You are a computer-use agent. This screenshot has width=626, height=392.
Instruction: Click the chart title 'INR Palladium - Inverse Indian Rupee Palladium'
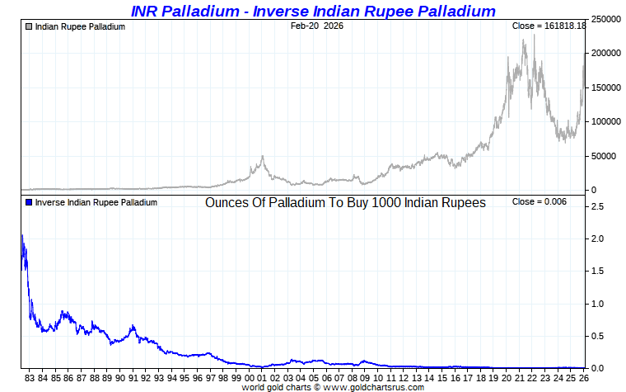pos(313,11)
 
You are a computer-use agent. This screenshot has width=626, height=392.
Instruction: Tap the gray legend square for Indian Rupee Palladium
pos(29,26)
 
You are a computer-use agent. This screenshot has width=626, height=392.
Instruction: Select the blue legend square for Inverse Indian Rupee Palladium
pos(29,202)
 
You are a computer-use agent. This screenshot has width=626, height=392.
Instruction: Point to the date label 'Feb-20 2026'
pos(317,26)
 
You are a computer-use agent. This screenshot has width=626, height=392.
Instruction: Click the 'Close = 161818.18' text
pos(549,26)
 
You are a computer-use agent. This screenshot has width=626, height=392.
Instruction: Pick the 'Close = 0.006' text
pos(539,202)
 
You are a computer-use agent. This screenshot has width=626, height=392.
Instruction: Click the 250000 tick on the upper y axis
pos(607,19)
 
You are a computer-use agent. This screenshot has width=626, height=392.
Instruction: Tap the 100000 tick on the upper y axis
pos(607,121)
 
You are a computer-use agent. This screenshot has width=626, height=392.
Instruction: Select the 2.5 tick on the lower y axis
pos(598,207)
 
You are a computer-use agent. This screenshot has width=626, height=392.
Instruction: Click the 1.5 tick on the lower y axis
pos(598,272)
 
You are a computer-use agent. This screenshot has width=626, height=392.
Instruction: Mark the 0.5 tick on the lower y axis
pos(598,336)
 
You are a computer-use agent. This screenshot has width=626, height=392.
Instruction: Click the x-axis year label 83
pos(30,378)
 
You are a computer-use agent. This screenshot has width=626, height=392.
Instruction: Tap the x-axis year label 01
pos(263,378)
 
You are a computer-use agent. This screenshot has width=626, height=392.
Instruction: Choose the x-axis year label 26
pos(584,378)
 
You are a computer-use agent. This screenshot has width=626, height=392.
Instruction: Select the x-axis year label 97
pos(211,378)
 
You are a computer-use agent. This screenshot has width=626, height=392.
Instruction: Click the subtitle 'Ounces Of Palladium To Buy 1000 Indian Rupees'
pos(345,202)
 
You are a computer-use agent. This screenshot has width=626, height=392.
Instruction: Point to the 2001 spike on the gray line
pos(263,157)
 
